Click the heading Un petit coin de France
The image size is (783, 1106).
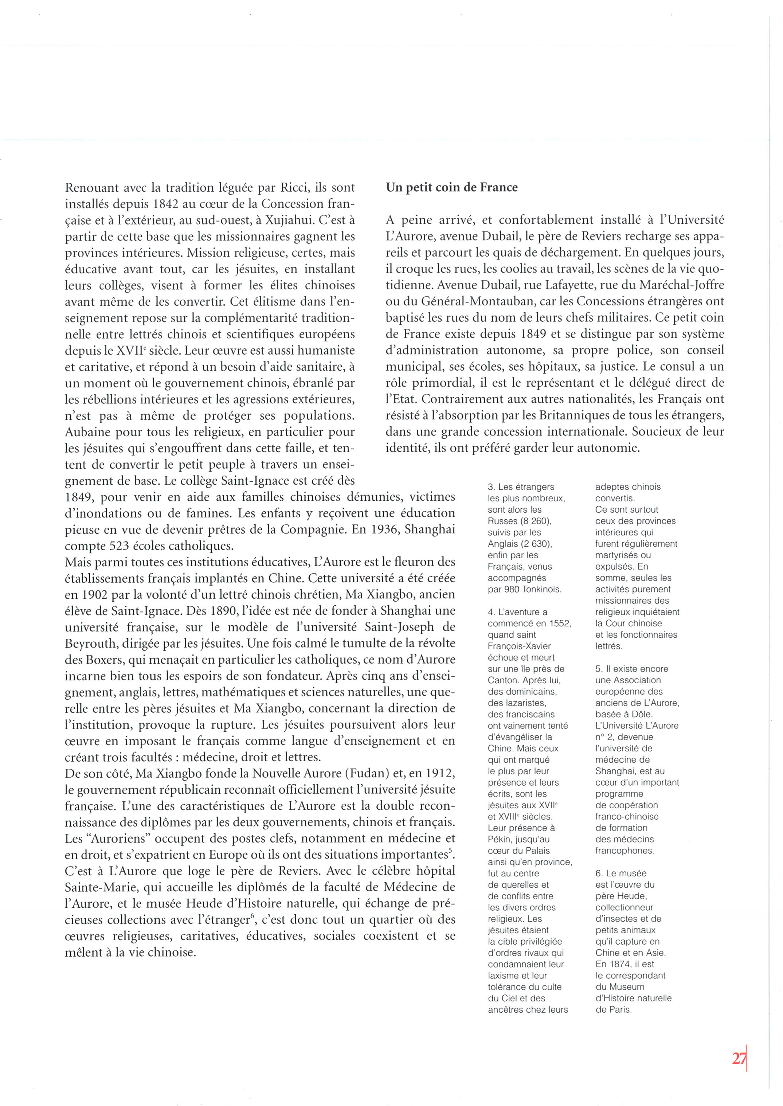[x=451, y=188]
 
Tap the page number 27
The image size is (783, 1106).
[x=739, y=1058]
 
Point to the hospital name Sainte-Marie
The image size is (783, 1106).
[x=101, y=887]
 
